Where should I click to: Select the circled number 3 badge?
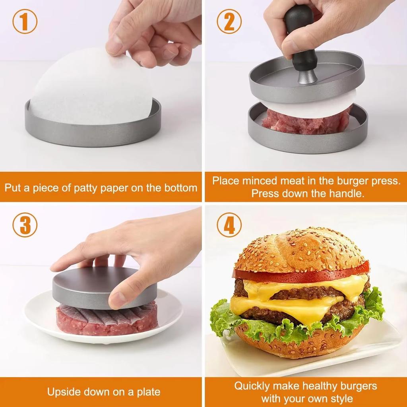click(25, 225)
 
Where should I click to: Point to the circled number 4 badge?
click(229, 225)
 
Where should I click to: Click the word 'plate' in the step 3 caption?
click(147, 392)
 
